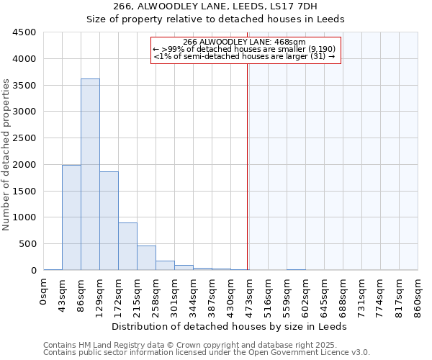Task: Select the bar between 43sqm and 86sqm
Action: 71,217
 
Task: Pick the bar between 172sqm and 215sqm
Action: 127,246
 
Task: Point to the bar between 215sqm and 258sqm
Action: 146,258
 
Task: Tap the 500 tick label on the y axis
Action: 27,244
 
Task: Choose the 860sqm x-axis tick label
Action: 418,292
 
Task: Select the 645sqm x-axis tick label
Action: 325,292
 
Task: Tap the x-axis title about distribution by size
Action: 230,326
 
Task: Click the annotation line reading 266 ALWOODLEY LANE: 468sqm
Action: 245,42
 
